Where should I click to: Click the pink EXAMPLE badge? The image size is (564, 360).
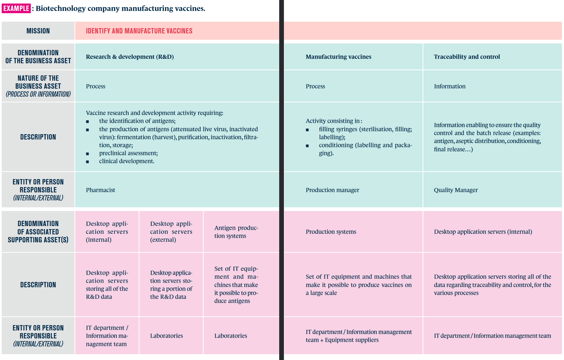click(x=16, y=8)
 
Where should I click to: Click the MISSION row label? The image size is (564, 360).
click(x=38, y=31)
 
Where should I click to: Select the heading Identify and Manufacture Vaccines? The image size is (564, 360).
click(x=139, y=31)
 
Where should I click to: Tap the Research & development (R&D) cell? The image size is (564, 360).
click(x=130, y=57)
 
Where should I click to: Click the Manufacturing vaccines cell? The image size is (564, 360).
click(x=338, y=57)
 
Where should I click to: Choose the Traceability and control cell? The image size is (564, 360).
click(x=467, y=57)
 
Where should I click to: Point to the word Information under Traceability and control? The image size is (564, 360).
click(x=450, y=86)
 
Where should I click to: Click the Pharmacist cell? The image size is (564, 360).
click(x=101, y=190)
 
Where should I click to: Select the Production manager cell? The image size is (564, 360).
click(x=332, y=190)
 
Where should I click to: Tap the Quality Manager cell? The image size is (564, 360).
click(x=456, y=190)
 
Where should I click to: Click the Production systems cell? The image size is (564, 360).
click(x=331, y=232)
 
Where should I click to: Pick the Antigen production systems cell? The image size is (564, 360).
click(x=236, y=232)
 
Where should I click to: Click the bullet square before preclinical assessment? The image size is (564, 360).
click(x=88, y=154)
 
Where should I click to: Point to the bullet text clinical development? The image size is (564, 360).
click(x=127, y=161)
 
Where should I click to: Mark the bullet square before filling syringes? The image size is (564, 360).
click(x=307, y=130)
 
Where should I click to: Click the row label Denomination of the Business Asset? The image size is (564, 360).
click(x=38, y=57)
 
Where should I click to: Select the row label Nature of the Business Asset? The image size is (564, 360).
click(x=38, y=86)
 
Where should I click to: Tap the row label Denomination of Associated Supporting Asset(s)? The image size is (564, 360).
click(x=38, y=232)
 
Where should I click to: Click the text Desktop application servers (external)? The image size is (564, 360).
click(x=171, y=232)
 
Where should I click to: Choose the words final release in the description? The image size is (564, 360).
click(x=449, y=149)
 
